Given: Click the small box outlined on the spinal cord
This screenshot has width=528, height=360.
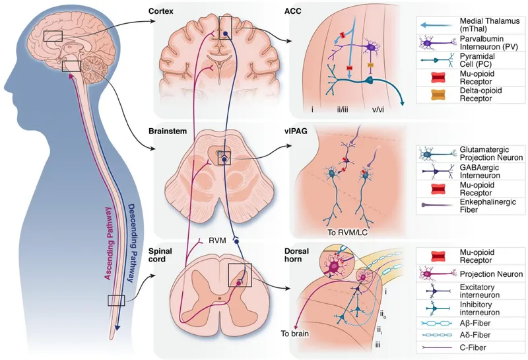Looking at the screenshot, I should click(116, 301).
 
